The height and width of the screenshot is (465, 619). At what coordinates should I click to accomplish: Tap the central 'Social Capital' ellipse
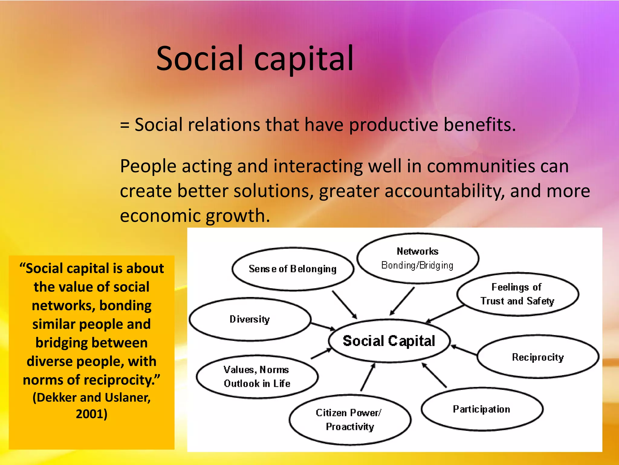(389, 341)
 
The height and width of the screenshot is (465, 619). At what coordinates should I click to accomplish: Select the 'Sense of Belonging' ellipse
(292, 269)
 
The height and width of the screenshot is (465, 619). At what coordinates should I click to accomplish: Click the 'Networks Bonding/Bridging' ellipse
(417, 258)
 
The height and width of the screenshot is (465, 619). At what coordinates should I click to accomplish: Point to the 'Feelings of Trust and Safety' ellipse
(517, 294)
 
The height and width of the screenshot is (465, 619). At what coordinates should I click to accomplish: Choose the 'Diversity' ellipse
(250, 319)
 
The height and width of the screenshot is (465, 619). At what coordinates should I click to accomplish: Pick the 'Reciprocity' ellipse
(538, 357)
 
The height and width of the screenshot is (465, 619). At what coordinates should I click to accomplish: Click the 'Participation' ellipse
(481, 409)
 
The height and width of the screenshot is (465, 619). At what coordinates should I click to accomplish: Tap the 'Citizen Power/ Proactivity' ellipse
(349, 420)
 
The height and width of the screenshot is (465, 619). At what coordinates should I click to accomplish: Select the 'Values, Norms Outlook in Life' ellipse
(257, 377)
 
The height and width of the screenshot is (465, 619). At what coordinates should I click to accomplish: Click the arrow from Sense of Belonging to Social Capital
(345, 305)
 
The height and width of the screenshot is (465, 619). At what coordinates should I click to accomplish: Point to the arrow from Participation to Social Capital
(434, 375)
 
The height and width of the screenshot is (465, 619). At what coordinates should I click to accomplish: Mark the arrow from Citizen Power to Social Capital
(368, 377)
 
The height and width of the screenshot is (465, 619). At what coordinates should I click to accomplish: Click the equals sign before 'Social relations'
(125, 125)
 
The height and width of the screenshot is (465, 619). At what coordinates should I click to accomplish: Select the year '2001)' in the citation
(92, 414)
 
